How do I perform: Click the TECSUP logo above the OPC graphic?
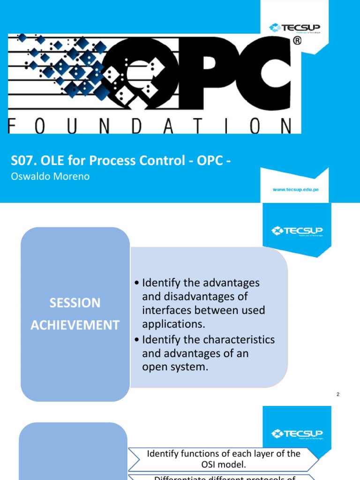(294, 28)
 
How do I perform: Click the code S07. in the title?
(23, 161)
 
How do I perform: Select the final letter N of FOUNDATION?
(284, 126)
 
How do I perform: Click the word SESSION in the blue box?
(75, 303)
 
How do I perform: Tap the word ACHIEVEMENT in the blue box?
(75, 325)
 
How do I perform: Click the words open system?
(174, 367)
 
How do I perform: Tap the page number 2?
(337, 395)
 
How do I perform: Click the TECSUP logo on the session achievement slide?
(297, 231)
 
